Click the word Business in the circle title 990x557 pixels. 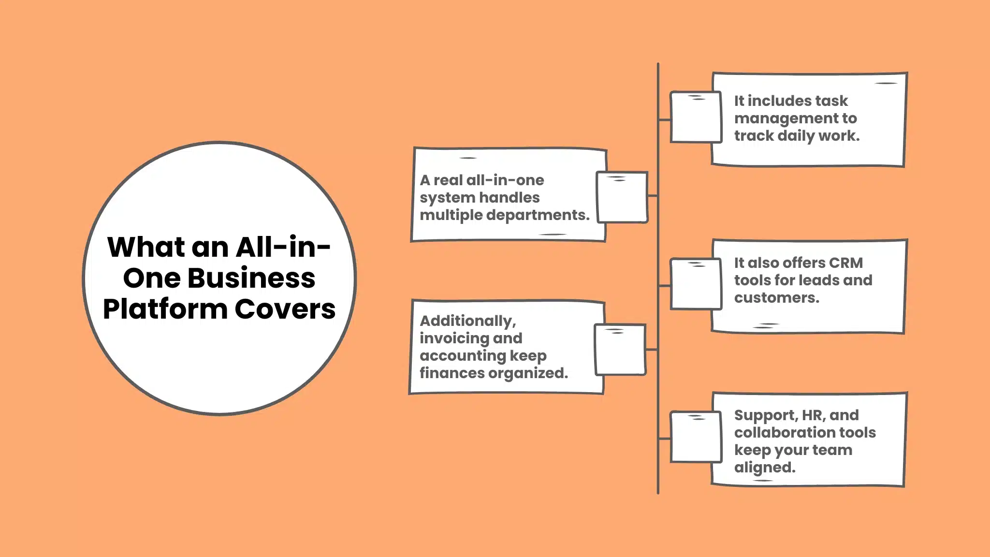click(x=251, y=278)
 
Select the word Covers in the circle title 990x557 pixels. click(x=285, y=309)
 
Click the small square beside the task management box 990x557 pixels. click(x=695, y=117)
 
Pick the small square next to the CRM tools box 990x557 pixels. click(x=695, y=284)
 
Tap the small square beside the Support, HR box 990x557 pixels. click(x=695, y=437)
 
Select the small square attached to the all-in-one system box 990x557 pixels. click(x=622, y=197)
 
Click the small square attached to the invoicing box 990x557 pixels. click(x=620, y=350)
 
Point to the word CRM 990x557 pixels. click(x=845, y=263)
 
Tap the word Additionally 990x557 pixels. click(x=467, y=321)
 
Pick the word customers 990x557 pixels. click(x=776, y=298)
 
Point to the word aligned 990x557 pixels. click(x=764, y=468)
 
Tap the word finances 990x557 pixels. click(x=451, y=373)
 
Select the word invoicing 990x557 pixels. click(x=450, y=338)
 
